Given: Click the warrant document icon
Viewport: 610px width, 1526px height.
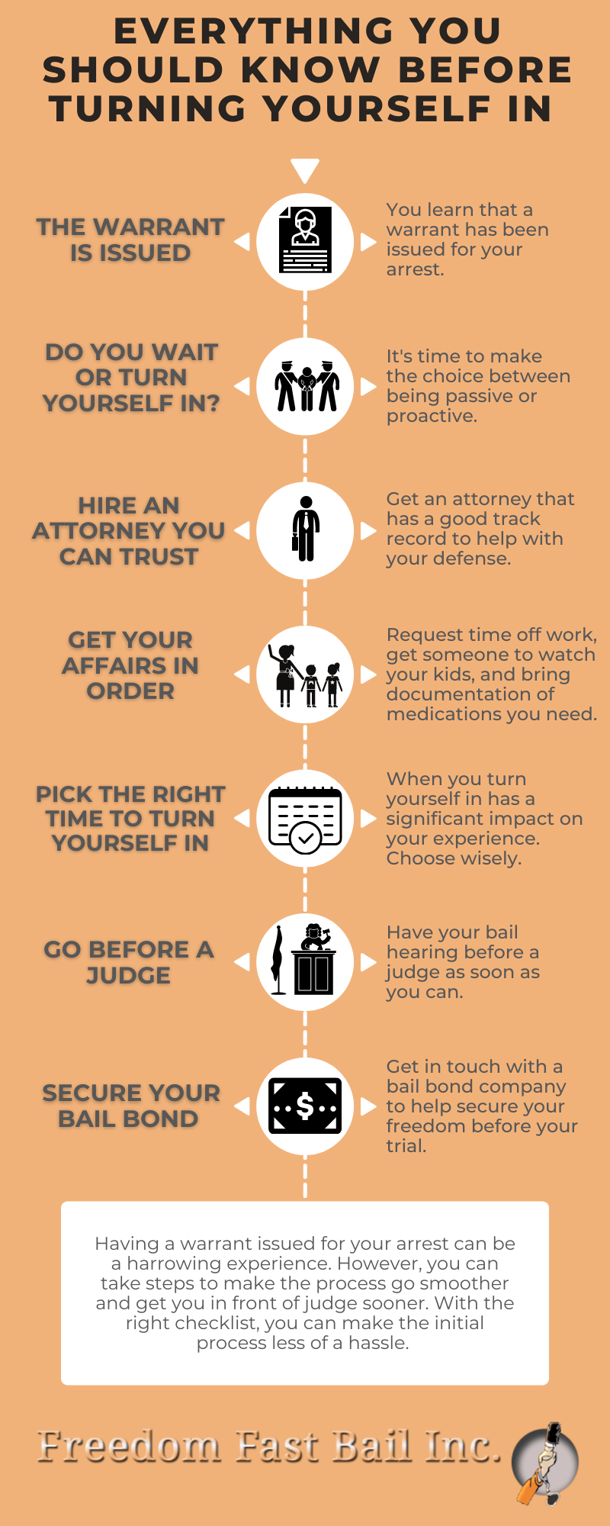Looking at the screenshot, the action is pyautogui.click(x=305, y=240).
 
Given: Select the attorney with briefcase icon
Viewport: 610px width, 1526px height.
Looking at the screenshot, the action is pyautogui.click(x=305, y=529).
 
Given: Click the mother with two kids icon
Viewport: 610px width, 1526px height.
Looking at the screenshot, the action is pyautogui.click(x=305, y=675).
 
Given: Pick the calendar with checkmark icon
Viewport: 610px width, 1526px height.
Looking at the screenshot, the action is pyautogui.click(x=305, y=819).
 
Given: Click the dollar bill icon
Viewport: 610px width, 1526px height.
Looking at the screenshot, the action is pyautogui.click(x=305, y=1106).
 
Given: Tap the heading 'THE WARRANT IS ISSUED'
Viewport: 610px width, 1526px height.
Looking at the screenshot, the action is pyautogui.click(x=130, y=240).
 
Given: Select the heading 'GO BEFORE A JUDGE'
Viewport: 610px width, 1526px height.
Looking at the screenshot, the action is pyautogui.click(x=129, y=962).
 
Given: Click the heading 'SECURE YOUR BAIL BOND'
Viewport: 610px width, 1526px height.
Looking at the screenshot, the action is pyautogui.click(x=130, y=1106).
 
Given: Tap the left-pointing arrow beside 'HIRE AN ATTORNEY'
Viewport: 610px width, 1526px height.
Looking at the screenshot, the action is pyautogui.click(x=242, y=530).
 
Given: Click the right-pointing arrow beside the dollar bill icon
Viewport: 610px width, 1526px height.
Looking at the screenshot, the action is pyautogui.click(x=368, y=1106).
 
